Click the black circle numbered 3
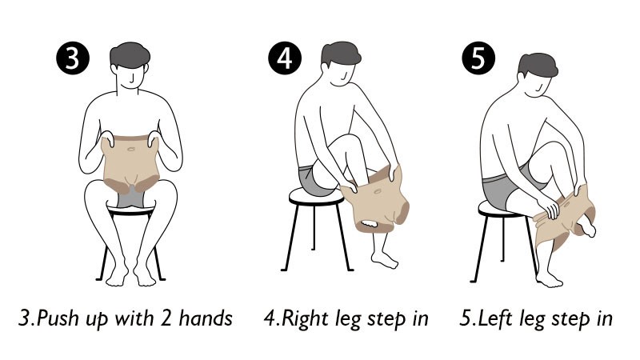pyautogui.click(x=72, y=58)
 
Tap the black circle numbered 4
pyautogui.click(x=285, y=58)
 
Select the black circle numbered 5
pyautogui.click(x=478, y=58)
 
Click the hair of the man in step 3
pyautogui.click(x=130, y=54)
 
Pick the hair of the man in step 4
pyautogui.click(x=341, y=53)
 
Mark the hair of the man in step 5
pyautogui.click(x=538, y=65)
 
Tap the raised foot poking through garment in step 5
pyautogui.click(x=588, y=225)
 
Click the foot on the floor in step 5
pyautogui.click(x=550, y=278)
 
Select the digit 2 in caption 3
pyautogui.click(x=166, y=318)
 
